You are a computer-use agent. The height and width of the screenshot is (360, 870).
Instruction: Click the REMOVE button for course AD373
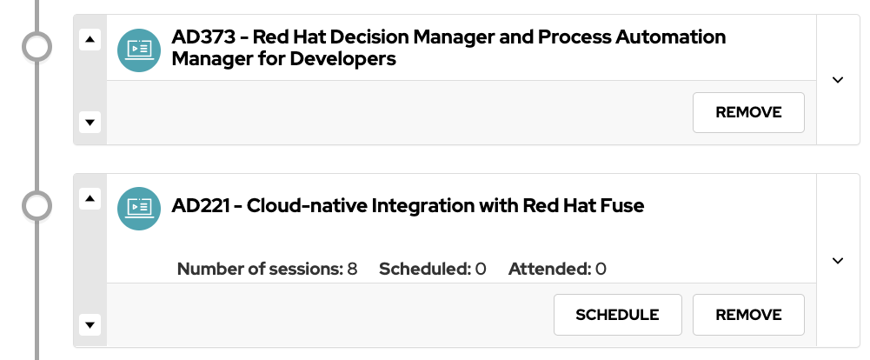[x=748, y=112]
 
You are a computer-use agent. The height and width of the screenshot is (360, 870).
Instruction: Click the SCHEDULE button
[x=617, y=315]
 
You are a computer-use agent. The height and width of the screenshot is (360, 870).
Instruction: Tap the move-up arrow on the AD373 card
[x=90, y=39]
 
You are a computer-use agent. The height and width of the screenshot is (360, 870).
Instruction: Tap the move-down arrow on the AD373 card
[x=90, y=122]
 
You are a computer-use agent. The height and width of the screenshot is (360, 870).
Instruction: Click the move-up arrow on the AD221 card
[x=90, y=199]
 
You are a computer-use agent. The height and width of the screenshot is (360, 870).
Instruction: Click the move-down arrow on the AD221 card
[x=90, y=324]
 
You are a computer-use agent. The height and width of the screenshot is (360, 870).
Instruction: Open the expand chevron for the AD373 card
[x=838, y=80]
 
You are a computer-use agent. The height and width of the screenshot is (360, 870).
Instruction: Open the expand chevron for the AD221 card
[x=838, y=261]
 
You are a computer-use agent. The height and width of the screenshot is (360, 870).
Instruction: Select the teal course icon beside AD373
[x=139, y=49]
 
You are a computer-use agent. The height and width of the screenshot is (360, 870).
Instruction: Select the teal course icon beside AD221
[x=139, y=207]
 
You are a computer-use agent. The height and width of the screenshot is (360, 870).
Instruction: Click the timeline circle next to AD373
[x=37, y=47]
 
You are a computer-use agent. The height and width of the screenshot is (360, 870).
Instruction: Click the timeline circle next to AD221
[x=37, y=207]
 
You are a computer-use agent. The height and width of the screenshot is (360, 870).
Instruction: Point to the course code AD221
[x=202, y=206]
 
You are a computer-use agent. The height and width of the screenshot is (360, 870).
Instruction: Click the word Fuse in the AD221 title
[x=622, y=206]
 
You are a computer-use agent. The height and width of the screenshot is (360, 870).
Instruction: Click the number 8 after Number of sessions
[x=352, y=269]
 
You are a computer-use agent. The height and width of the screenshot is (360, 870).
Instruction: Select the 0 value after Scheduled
[x=481, y=269]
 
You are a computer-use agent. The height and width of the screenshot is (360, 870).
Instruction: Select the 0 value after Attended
[x=601, y=269]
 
